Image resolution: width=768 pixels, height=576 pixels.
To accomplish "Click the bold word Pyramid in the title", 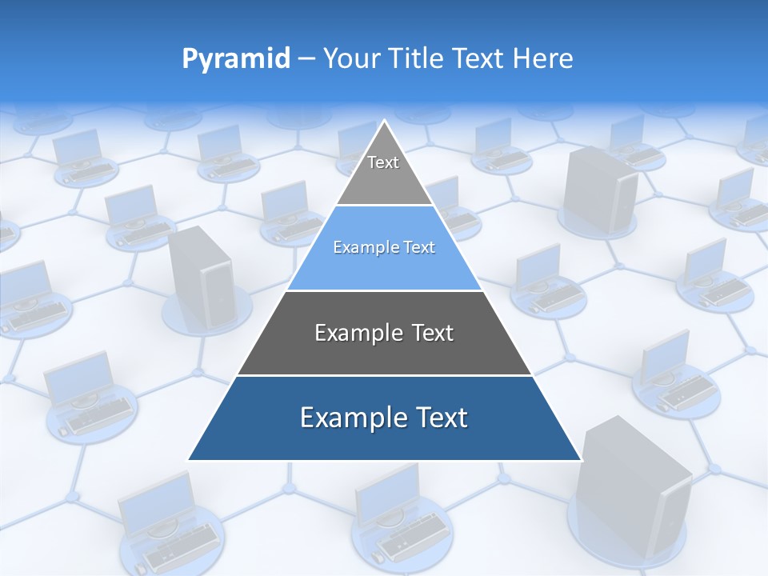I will tap(236, 59).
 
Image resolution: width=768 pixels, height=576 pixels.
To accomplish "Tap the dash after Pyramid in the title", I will tap(306, 59).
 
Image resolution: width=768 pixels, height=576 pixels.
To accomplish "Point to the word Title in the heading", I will tap(418, 59).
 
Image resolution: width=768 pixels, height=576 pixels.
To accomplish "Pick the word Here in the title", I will tap(543, 59).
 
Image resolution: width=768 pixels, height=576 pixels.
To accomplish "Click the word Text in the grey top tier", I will tap(383, 162).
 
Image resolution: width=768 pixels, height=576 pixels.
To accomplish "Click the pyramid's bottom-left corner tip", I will tap(189, 459).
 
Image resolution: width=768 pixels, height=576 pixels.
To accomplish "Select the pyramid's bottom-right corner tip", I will tap(580, 459).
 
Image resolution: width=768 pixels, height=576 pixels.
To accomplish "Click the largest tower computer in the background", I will tap(632, 488).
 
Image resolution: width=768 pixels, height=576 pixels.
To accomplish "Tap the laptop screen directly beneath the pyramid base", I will tap(388, 496).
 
